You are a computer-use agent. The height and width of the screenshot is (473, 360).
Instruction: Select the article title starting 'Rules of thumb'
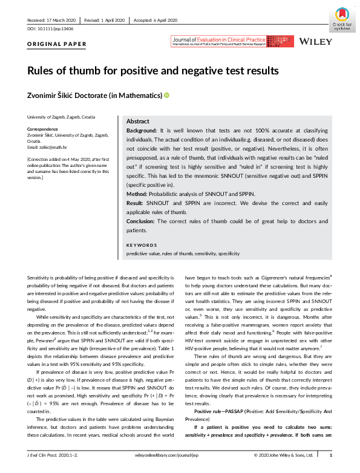pos(153,70)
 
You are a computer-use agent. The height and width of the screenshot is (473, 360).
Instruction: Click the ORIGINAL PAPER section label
pos(57,44)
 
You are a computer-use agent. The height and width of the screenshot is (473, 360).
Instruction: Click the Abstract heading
pos(138,121)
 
